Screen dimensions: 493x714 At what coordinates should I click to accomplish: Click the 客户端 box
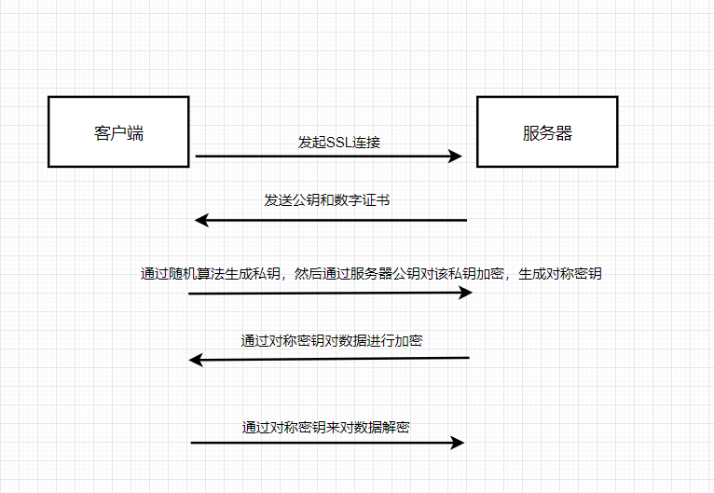pyautogui.click(x=118, y=131)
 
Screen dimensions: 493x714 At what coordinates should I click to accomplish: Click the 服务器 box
pyautogui.click(x=547, y=131)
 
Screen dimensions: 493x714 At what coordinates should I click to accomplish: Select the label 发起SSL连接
pyautogui.click(x=338, y=143)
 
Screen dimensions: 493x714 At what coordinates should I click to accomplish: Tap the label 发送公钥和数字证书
pyautogui.click(x=333, y=200)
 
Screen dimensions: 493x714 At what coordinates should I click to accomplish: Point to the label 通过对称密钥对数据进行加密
pyautogui.click(x=331, y=341)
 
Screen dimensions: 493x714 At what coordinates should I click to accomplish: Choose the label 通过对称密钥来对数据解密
pyautogui.click(x=325, y=428)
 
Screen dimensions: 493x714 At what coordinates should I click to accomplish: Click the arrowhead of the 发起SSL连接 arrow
pyautogui.click(x=456, y=157)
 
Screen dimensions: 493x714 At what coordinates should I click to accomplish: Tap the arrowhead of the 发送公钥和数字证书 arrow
pyautogui.click(x=200, y=220)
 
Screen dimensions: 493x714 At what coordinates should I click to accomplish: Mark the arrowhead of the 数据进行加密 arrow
pyautogui.click(x=196, y=359)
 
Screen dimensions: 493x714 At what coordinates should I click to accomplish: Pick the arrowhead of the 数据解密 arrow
pyautogui.click(x=457, y=443)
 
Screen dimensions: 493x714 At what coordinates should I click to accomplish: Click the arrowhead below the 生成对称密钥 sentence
pyautogui.click(x=466, y=293)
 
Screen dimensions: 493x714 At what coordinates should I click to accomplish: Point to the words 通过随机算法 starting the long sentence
pyautogui.click(x=181, y=274)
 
